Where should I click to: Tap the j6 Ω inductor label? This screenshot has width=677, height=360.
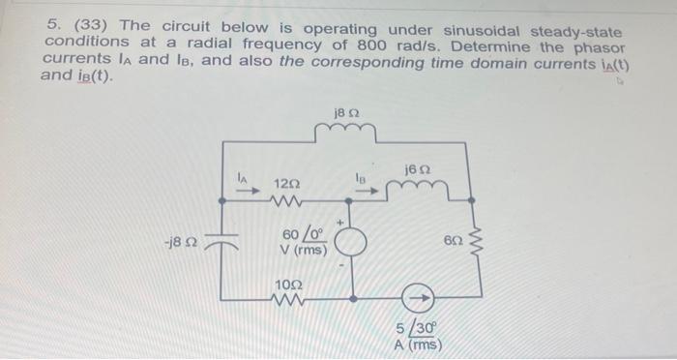pyautogui.click(x=420, y=169)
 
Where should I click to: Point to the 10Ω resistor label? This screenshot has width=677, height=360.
pyautogui.click(x=288, y=285)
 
